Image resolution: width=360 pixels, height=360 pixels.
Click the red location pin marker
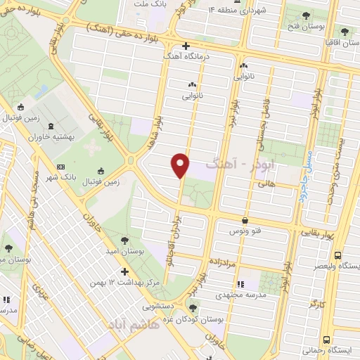point(181,165)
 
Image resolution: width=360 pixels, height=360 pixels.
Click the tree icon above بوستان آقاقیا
point(345,32)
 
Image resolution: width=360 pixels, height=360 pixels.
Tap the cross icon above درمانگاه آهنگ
point(185,46)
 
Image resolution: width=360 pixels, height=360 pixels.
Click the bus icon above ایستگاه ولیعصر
point(337,256)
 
